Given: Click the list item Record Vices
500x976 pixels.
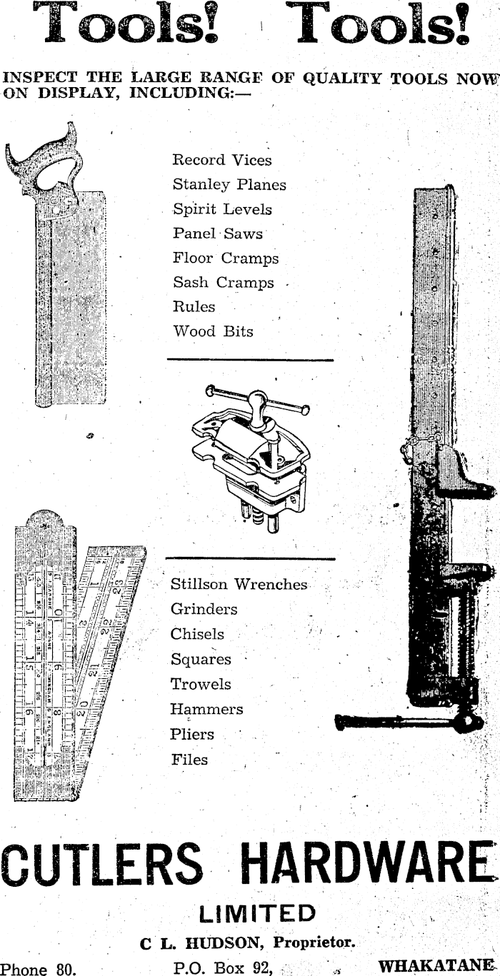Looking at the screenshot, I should coord(221,160).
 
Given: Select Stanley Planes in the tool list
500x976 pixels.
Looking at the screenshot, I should coord(229,185).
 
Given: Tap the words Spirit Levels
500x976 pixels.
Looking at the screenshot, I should coord(222,210).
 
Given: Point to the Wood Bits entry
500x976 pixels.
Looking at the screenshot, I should coord(213,331).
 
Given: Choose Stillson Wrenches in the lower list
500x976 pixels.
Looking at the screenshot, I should coord(239,585).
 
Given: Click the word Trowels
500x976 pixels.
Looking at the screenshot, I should coord(201,684).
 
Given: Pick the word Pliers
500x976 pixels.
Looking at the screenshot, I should coord(192,734).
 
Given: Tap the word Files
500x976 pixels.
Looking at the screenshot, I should coord(189,760).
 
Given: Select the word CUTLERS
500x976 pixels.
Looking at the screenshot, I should coord(102,864).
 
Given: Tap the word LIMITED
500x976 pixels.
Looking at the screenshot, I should coord(256,913).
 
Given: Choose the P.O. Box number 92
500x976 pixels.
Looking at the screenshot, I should coord(261,969).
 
